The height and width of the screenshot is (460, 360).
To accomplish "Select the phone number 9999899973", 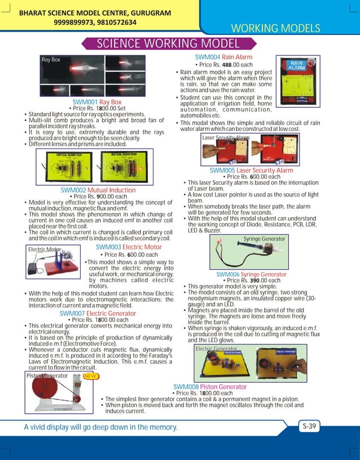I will [x=74, y=23].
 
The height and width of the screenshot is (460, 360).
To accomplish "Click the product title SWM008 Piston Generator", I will [x=210, y=387].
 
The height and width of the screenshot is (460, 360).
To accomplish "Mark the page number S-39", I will [x=308, y=427].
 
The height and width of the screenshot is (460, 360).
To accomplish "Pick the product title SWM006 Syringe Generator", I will [x=251, y=274].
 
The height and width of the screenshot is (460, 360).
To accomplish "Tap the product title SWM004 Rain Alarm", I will [x=223, y=57].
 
